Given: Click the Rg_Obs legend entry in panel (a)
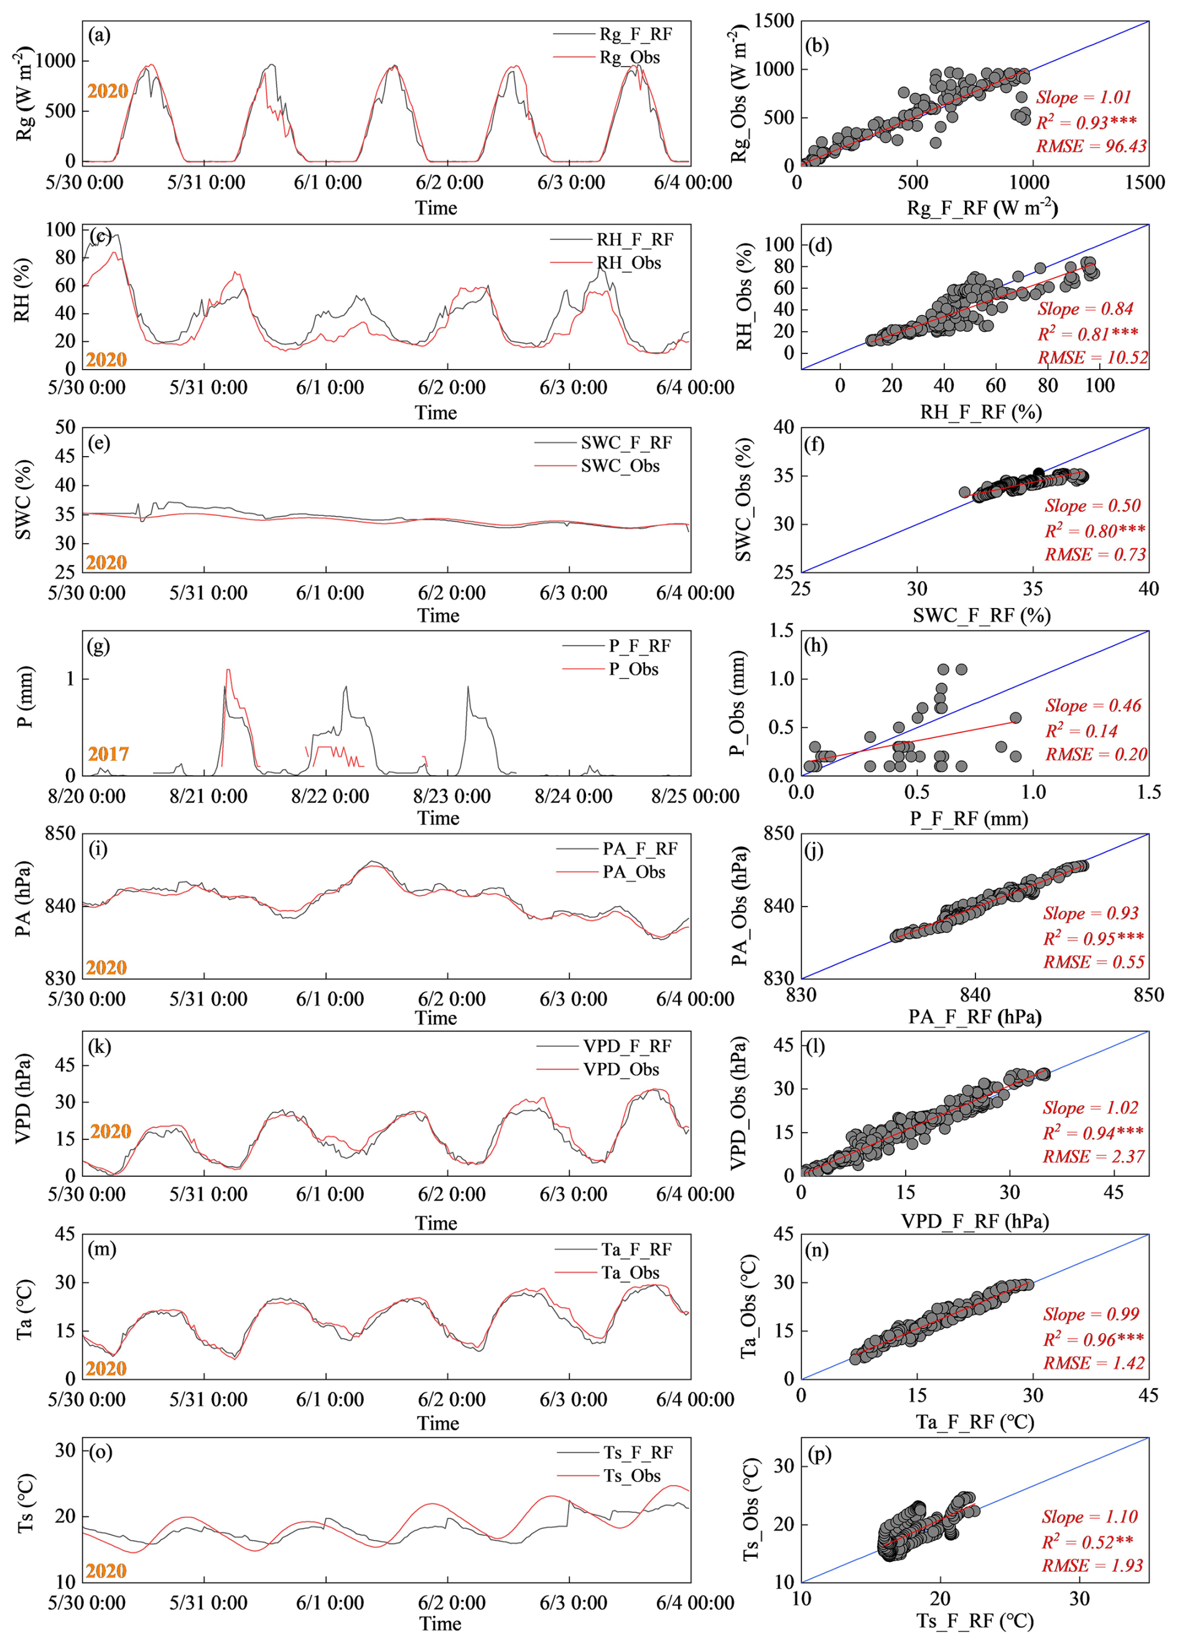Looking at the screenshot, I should point(628,57).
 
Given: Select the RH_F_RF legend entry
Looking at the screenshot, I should point(634,239).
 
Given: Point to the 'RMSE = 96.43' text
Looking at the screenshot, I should point(1091,146).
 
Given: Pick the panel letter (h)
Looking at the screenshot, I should point(816,646).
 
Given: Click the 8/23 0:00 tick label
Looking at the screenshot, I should point(452,796).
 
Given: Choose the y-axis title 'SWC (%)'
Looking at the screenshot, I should point(24,500).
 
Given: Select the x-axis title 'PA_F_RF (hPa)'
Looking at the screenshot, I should point(975,1017).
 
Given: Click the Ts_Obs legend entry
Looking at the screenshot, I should point(631,1476).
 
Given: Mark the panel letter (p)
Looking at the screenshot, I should point(818,1454).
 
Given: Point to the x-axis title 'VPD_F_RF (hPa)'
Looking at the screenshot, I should point(975,1221).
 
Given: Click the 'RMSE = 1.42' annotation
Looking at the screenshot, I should point(1094,1363).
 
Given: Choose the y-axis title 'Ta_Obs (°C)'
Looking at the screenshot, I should point(748,1306).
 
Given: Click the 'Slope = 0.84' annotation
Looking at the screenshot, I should point(1085,309).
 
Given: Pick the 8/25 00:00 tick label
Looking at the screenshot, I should point(694,796).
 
